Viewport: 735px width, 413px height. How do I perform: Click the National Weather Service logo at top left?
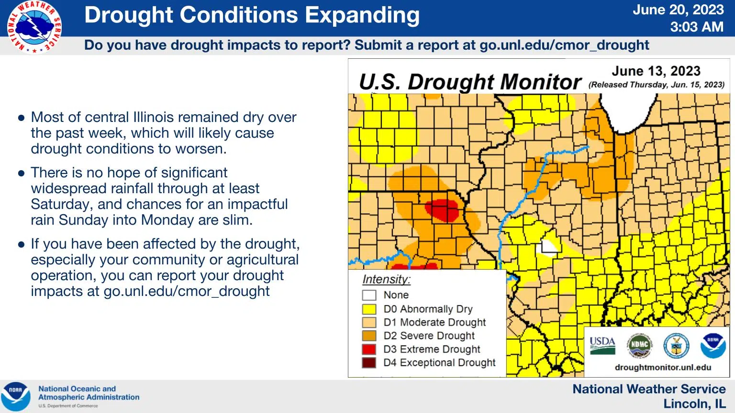(34, 27)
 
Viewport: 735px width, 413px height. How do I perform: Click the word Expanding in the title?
(362, 15)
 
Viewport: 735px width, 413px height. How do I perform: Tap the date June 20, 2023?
(678, 10)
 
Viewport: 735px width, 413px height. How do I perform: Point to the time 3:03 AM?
(697, 27)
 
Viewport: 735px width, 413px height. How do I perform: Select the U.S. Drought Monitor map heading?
(470, 82)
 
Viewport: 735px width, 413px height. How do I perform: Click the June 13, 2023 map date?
(656, 71)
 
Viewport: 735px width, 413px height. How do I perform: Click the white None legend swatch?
(369, 295)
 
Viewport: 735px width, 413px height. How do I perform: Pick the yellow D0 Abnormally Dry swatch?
(369, 309)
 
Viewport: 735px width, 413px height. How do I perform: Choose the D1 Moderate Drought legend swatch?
(369, 322)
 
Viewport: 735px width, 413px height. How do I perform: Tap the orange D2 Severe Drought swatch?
(369, 336)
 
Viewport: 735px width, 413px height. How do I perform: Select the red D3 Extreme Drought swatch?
(369, 349)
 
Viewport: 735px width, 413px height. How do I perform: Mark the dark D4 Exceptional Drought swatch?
(369, 362)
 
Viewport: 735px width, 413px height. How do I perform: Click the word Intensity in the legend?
(386, 280)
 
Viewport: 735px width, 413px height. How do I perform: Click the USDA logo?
(602, 345)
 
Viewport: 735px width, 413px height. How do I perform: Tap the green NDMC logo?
(639, 345)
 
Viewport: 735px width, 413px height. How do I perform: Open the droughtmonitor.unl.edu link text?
(663, 368)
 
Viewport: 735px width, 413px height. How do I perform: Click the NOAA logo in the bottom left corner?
(16, 396)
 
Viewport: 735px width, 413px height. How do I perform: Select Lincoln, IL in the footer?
(694, 404)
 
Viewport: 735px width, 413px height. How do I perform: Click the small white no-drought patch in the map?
(549, 247)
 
